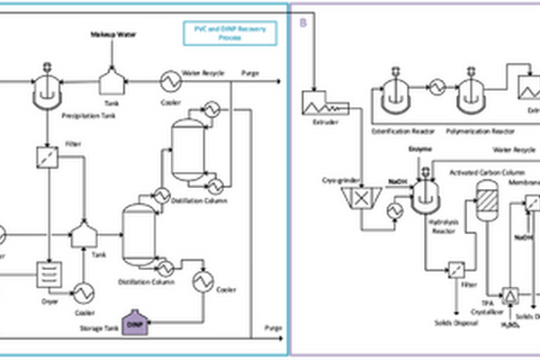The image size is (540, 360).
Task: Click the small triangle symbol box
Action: pyautogui.click(x=510, y=296)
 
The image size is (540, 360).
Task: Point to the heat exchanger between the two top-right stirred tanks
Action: pyautogui.click(x=436, y=87)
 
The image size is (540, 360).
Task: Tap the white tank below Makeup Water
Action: pyautogui.click(x=111, y=84)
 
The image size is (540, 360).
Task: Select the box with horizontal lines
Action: pyautogui.click(x=47, y=273)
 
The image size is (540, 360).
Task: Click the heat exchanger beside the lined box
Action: pyautogui.click(x=84, y=292)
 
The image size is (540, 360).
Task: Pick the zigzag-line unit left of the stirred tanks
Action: pyautogui.click(x=318, y=103)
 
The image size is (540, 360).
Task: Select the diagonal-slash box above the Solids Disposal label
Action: pyautogui.click(x=456, y=269)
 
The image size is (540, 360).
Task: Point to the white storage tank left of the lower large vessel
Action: pyautogui.click(x=84, y=235)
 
